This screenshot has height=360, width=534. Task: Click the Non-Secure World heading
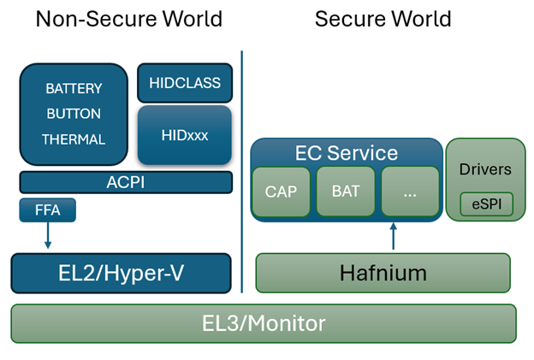(x=128, y=19)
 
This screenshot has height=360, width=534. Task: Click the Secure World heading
(x=383, y=19)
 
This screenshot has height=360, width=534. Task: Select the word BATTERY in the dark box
(x=74, y=88)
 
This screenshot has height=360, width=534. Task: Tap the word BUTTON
(x=74, y=114)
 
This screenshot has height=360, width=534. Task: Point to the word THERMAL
(x=74, y=139)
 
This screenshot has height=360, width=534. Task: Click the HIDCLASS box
(x=185, y=83)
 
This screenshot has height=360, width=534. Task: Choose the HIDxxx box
(x=185, y=134)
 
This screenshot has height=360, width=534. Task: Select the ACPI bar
(x=126, y=182)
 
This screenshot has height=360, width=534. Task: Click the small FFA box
(x=47, y=210)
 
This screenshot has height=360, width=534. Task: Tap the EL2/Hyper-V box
(x=122, y=274)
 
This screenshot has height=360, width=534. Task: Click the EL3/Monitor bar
(x=264, y=323)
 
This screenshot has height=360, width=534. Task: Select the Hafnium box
(x=383, y=274)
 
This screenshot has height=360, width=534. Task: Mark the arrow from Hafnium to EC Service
(x=393, y=237)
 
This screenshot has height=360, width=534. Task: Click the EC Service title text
(x=347, y=153)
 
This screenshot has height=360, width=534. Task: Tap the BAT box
(x=345, y=192)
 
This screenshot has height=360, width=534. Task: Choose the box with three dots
(x=409, y=192)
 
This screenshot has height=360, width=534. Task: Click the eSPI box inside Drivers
(x=485, y=204)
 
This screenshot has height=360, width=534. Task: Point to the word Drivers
(x=485, y=168)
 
